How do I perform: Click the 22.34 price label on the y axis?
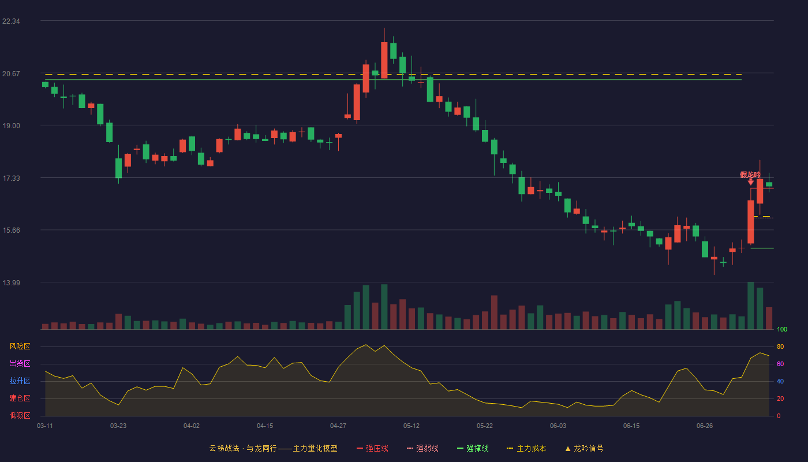[x=11, y=21]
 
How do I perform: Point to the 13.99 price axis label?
[x=11, y=282]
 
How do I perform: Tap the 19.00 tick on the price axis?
[x=11, y=126]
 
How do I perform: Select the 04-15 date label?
[x=265, y=426]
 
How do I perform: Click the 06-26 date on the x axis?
[x=705, y=426]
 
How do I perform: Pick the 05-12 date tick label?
[x=411, y=426]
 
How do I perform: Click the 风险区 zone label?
[x=20, y=346]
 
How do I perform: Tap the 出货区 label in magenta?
[x=20, y=364]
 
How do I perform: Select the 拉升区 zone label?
[x=20, y=381]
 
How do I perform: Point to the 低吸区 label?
[x=20, y=416]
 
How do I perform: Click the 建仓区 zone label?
[x=20, y=398]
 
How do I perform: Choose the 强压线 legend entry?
[x=372, y=449]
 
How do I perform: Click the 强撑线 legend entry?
[x=473, y=449]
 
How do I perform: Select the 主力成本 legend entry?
[x=526, y=449]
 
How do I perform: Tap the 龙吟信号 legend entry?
[x=584, y=449]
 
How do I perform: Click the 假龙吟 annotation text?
[x=750, y=175]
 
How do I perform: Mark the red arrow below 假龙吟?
[x=751, y=182]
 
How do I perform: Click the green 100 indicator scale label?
[x=782, y=329]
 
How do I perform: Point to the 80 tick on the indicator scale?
[x=780, y=346]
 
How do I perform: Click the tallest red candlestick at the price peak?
[x=384, y=60]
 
